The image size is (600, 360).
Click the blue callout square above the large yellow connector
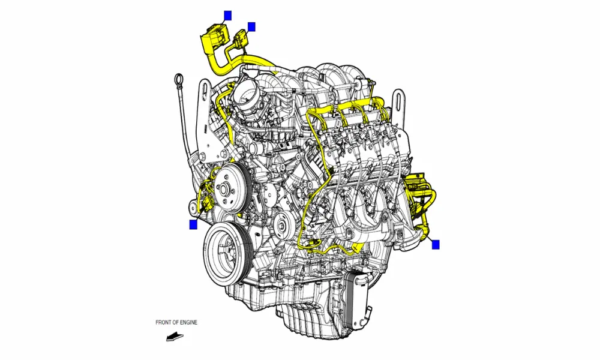(227, 14)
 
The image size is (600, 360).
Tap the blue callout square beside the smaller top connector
(251, 26)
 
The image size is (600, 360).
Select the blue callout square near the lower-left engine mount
(193, 224)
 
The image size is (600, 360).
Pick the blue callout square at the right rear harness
(436, 244)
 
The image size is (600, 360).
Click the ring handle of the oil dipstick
(178, 79)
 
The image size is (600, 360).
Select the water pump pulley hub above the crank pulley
(225, 187)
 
